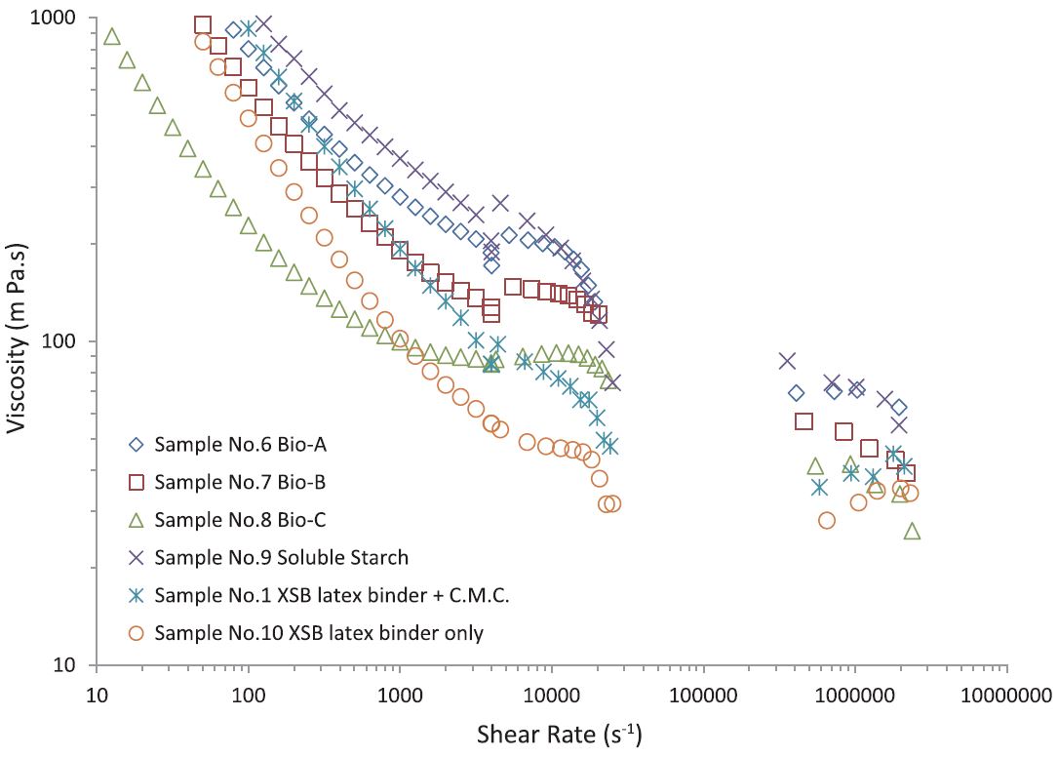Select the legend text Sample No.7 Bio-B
pyautogui.click(x=240, y=482)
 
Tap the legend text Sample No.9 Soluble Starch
pyautogui.click(x=281, y=558)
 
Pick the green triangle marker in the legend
pyautogui.click(x=137, y=519)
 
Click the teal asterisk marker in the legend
pyautogui.click(x=137, y=595)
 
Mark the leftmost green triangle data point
pyautogui.click(x=111, y=36)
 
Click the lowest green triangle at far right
pyautogui.click(x=912, y=531)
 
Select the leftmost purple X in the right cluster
pyautogui.click(x=787, y=361)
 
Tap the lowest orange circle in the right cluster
pyautogui.click(x=827, y=520)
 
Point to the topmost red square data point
pyautogui.click(x=202, y=25)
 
